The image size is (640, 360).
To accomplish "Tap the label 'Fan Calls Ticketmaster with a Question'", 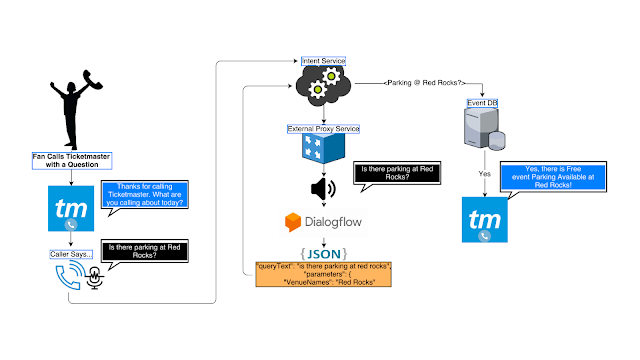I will (x=69, y=161).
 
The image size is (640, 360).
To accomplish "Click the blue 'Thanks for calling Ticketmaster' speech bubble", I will (x=143, y=194).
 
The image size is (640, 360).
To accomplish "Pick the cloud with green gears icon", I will (x=323, y=89).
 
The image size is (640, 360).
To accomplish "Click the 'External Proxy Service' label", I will (x=323, y=128).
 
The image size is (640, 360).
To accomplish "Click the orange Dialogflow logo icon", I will (x=293, y=221).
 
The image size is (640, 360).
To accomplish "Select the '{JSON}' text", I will (x=323, y=249).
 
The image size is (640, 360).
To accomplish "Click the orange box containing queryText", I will (x=323, y=273).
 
